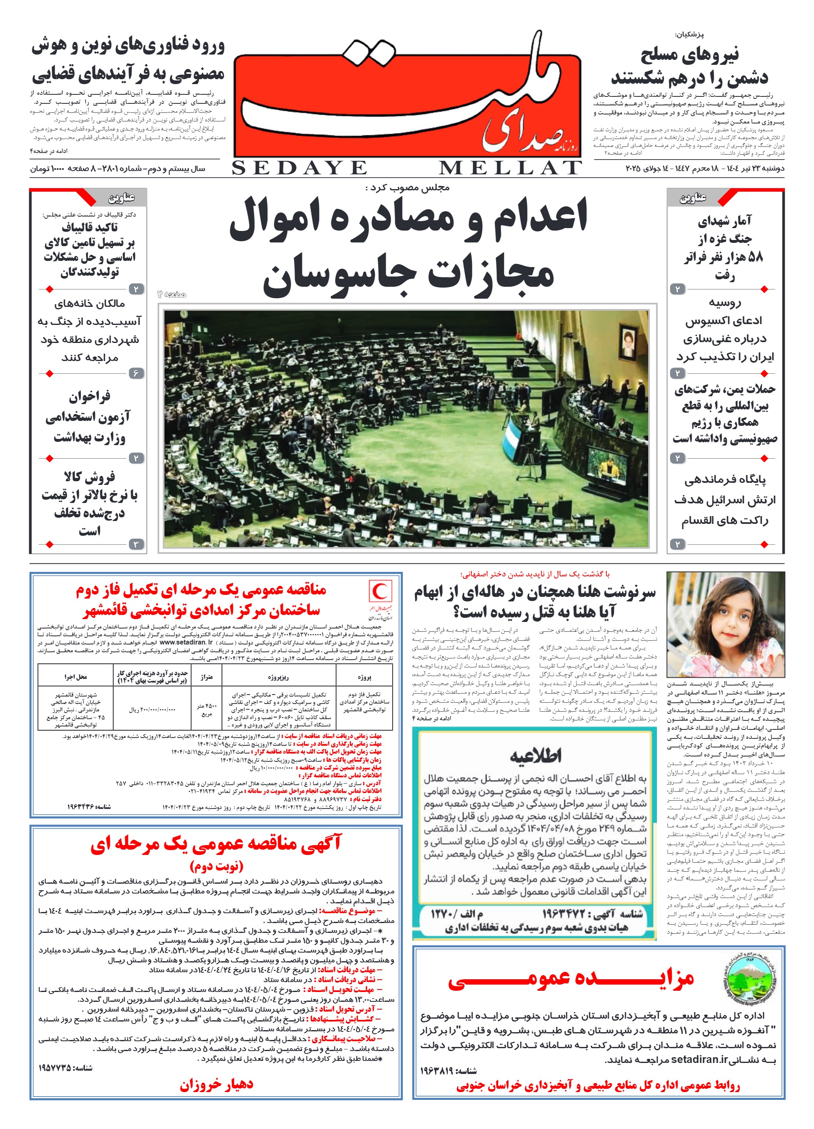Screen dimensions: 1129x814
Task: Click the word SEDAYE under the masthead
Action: coord(299,168)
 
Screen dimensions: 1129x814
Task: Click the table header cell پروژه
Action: coord(364,677)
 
